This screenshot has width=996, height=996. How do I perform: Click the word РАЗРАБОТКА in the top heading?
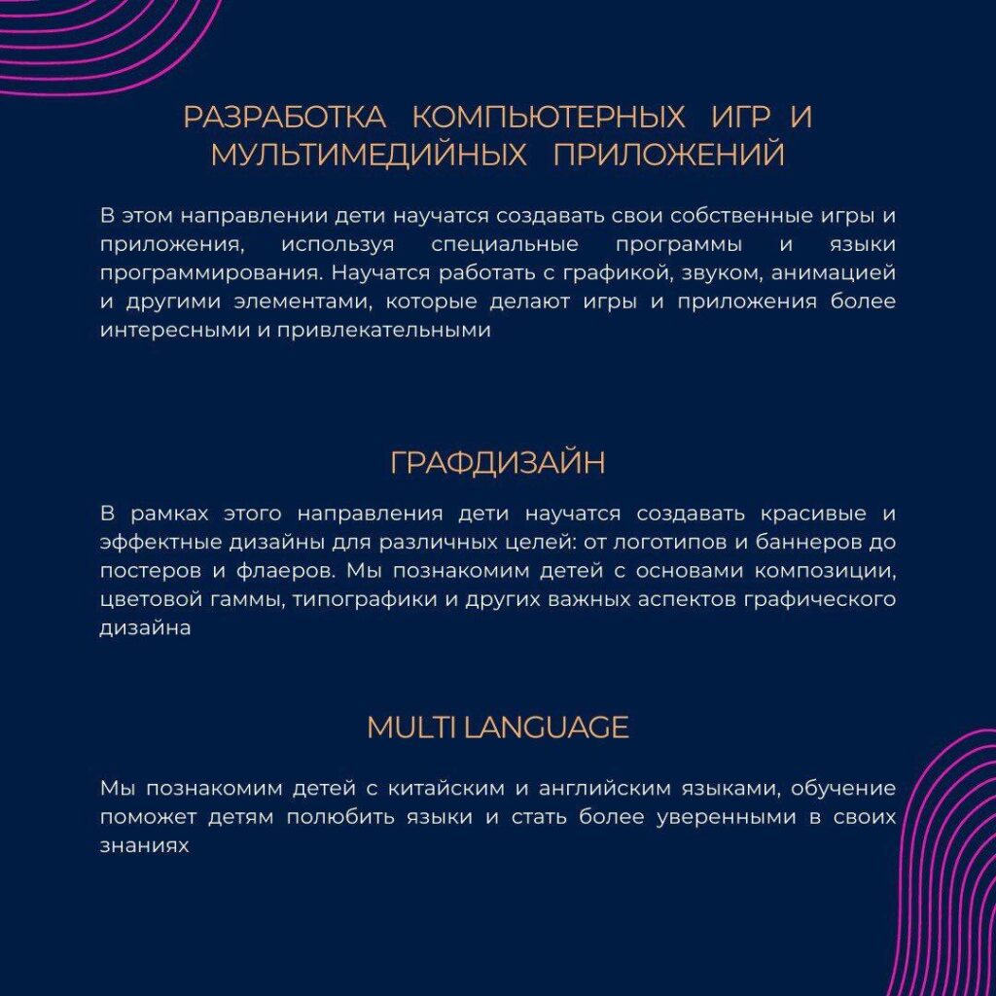284,117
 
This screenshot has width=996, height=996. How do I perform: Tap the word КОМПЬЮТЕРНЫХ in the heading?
549,117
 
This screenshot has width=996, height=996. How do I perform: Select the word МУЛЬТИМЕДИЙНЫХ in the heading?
369,155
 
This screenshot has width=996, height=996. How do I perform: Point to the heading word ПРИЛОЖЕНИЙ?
669,155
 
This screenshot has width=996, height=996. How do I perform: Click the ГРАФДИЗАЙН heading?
497,463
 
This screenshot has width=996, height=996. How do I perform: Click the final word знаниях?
143,846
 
